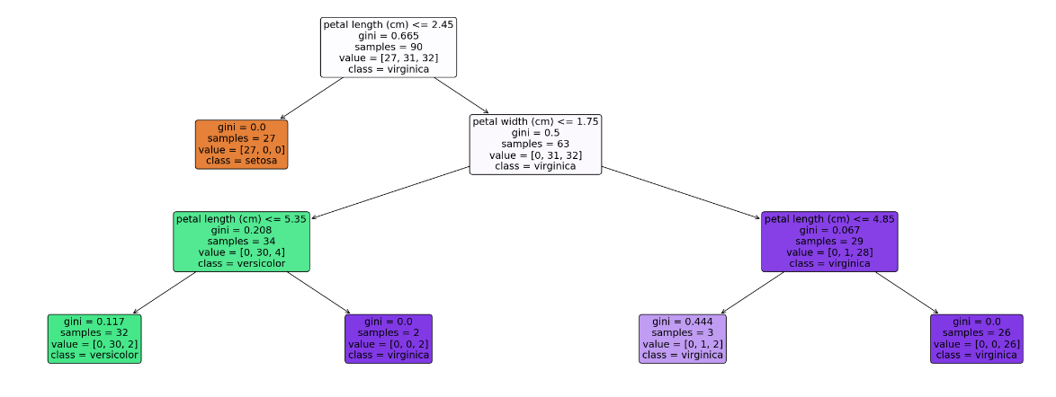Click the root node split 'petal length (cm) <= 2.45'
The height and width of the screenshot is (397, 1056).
pos(389,25)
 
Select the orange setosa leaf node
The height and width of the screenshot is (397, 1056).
pos(242,144)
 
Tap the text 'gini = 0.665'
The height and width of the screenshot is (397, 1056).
pos(389,36)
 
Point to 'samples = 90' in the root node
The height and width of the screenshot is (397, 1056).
pos(389,47)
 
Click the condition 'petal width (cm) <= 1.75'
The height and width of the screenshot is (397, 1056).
pos(535,122)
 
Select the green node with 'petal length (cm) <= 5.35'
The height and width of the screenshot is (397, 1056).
pos(242,242)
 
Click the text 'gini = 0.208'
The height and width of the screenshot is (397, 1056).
pos(242,230)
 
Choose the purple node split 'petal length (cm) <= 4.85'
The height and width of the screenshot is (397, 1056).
pos(829,219)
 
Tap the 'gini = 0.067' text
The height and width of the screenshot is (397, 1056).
pos(829,230)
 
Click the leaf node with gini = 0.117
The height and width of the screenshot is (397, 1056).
pos(94,339)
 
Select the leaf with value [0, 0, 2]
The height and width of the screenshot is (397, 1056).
pos(389,339)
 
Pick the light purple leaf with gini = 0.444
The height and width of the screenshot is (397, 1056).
pos(682,339)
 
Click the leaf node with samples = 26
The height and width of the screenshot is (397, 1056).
pos(977,339)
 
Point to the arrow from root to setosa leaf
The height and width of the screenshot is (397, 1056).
pos(311,98)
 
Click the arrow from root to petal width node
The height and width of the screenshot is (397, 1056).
pos(461,95)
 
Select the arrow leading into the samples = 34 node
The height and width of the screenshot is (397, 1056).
pos(390,192)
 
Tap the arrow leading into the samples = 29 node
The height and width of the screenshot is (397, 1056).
pos(681,192)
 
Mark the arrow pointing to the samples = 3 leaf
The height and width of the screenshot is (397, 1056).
pos(752,293)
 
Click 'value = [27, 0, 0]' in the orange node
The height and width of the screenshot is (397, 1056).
pos(242,149)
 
